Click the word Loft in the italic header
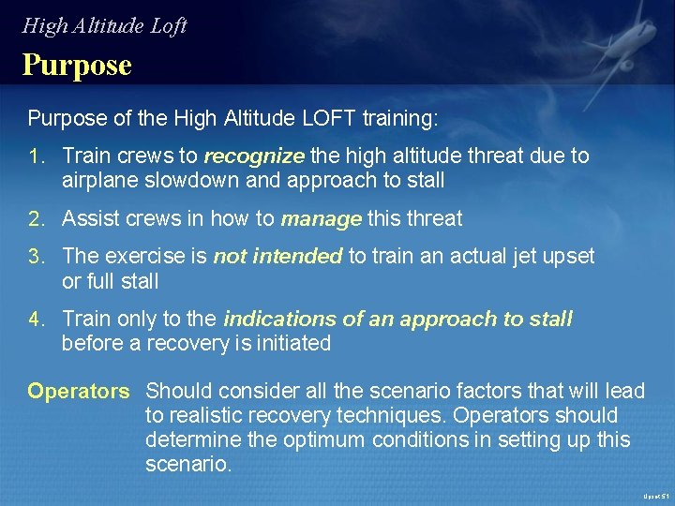coord(169,25)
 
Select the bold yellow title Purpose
coord(77,66)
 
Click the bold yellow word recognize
coord(254,156)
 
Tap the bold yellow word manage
coord(321,220)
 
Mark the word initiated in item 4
coord(290,344)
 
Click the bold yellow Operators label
coord(78,391)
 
